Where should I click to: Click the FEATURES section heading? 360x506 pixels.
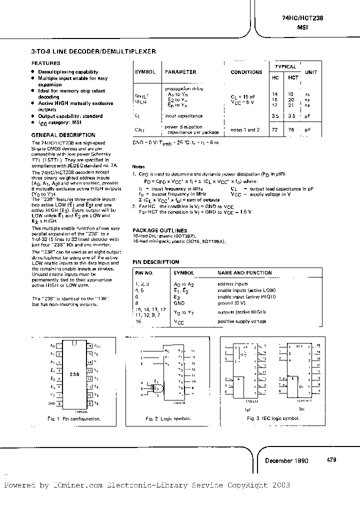coord(46,63)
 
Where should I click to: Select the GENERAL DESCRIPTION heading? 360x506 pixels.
coord(63,135)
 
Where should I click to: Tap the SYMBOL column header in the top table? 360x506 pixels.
coord(145,72)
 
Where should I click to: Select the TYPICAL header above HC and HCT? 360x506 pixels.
coord(285,66)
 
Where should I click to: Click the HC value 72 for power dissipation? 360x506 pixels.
coord(274,129)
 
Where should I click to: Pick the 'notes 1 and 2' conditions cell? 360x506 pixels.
coord(245,130)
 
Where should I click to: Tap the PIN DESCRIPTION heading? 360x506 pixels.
coord(155,261)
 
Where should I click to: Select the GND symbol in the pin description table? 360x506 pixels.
coord(179,302)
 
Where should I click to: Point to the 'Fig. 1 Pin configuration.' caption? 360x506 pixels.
coord(74,418)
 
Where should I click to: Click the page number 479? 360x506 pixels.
coord(331,459)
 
